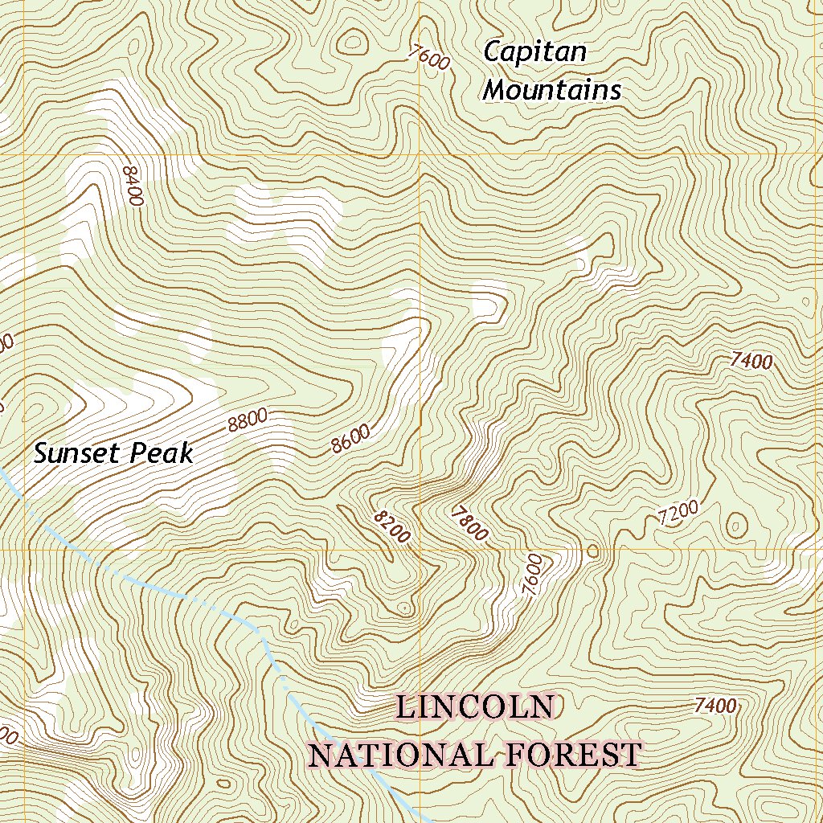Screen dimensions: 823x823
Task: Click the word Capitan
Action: coord(534,53)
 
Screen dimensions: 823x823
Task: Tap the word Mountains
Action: coord(552,90)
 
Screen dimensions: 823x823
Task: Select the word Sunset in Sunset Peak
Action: coord(76,454)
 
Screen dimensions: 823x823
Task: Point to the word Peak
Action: coord(164,454)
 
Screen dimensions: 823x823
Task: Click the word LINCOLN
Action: coord(475,708)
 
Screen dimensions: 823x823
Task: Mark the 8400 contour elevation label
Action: coord(133,186)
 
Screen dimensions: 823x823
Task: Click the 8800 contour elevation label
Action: coord(247,420)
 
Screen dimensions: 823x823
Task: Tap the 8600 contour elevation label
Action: coord(350,439)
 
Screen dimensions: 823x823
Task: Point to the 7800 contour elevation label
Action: coord(469,522)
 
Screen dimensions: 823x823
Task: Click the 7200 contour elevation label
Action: coord(678,513)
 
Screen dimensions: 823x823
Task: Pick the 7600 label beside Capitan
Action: coord(428,59)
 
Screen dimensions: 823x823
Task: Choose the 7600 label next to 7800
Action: coord(531,574)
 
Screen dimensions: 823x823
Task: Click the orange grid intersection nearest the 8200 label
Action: coord(420,551)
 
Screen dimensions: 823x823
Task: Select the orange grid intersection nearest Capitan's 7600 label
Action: coord(420,154)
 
